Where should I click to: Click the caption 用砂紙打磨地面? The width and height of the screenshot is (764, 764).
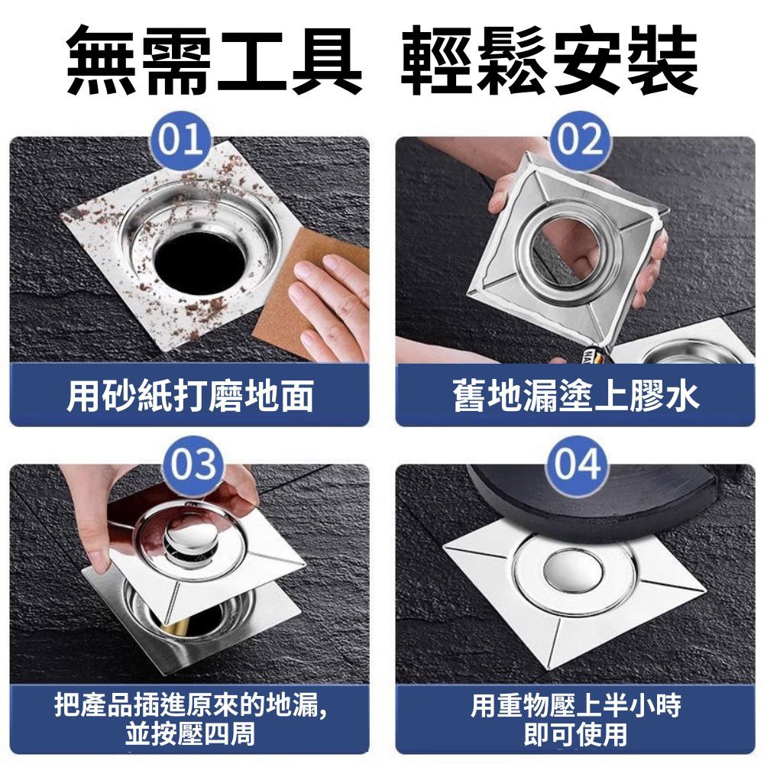(x=189, y=397)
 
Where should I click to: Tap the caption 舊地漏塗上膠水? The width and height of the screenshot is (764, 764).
(x=575, y=397)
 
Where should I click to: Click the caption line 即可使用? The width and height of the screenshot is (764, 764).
(x=575, y=734)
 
